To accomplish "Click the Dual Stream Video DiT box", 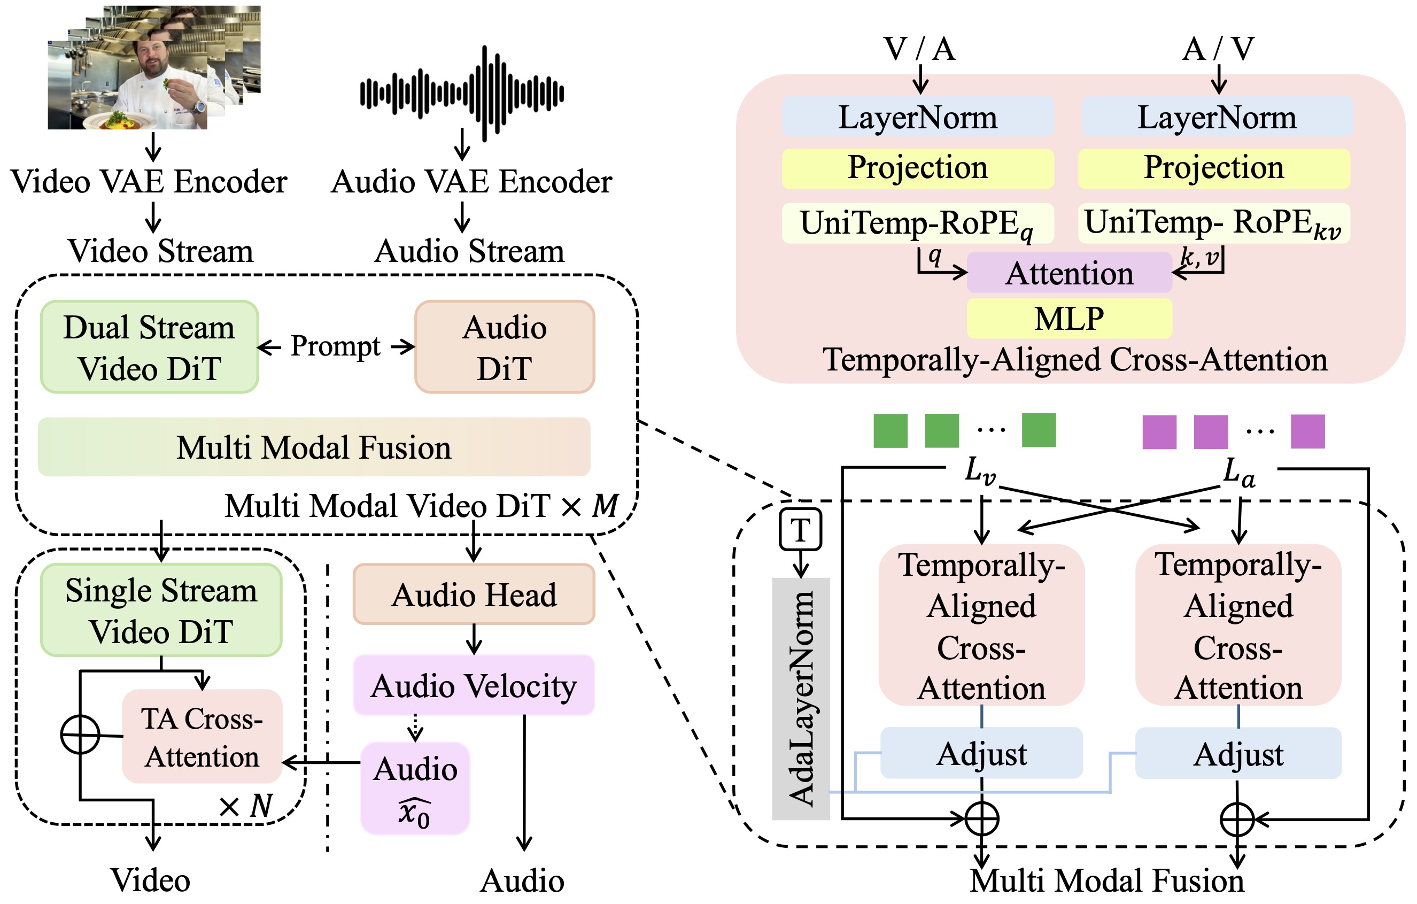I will tap(149, 347).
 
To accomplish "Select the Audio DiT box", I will tap(504, 347).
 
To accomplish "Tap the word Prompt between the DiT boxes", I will tap(336, 346).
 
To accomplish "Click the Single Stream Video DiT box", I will tap(161, 611).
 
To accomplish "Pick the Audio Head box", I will tap(474, 594).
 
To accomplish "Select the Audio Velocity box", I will tap(474, 686).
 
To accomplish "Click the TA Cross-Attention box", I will tap(202, 737).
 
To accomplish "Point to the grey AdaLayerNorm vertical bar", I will tap(800, 699).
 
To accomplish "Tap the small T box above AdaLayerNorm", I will tap(800, 530).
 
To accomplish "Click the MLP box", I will tap(1068, 319).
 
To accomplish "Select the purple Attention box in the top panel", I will tap(1068, 273).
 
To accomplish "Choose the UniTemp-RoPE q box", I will tap(917, 223).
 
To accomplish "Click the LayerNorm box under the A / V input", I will tap(1217, 117).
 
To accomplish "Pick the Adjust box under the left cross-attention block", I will tap(981, 753).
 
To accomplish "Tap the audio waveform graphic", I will tap(462, 93).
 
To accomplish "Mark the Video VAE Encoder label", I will tap(149, 181).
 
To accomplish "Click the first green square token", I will tap(890, 431).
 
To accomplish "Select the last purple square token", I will tap(1307, 431).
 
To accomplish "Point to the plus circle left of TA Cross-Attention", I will tap(80, 735).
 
